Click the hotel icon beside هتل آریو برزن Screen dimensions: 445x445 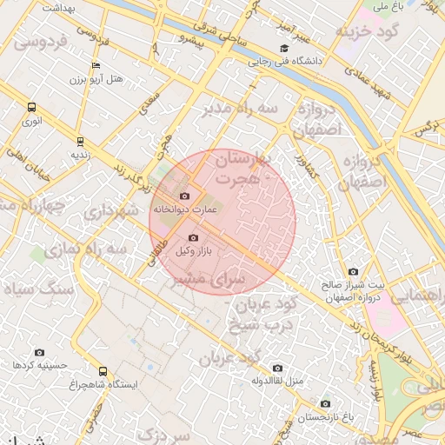click(x=96, y=66)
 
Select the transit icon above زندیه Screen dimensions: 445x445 click(x=80, y=141)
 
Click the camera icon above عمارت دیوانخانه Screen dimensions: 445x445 click(x=184, y=196)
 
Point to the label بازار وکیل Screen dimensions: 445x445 click(x=195, y=251)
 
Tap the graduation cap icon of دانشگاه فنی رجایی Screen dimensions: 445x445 click(x=284, y=49)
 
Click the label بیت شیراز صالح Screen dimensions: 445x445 click(x=351, y=285)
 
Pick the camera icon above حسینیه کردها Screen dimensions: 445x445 click(x=39, y=353)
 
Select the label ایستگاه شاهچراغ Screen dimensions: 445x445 click(x=103, y=385)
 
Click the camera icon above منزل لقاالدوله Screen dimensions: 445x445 click(x=277, y=369)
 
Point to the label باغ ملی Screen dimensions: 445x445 click(x=381, y=7)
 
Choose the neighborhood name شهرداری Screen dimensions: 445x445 click(x=112, y=210)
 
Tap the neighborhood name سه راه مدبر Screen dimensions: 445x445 click(x=240, y=108)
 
